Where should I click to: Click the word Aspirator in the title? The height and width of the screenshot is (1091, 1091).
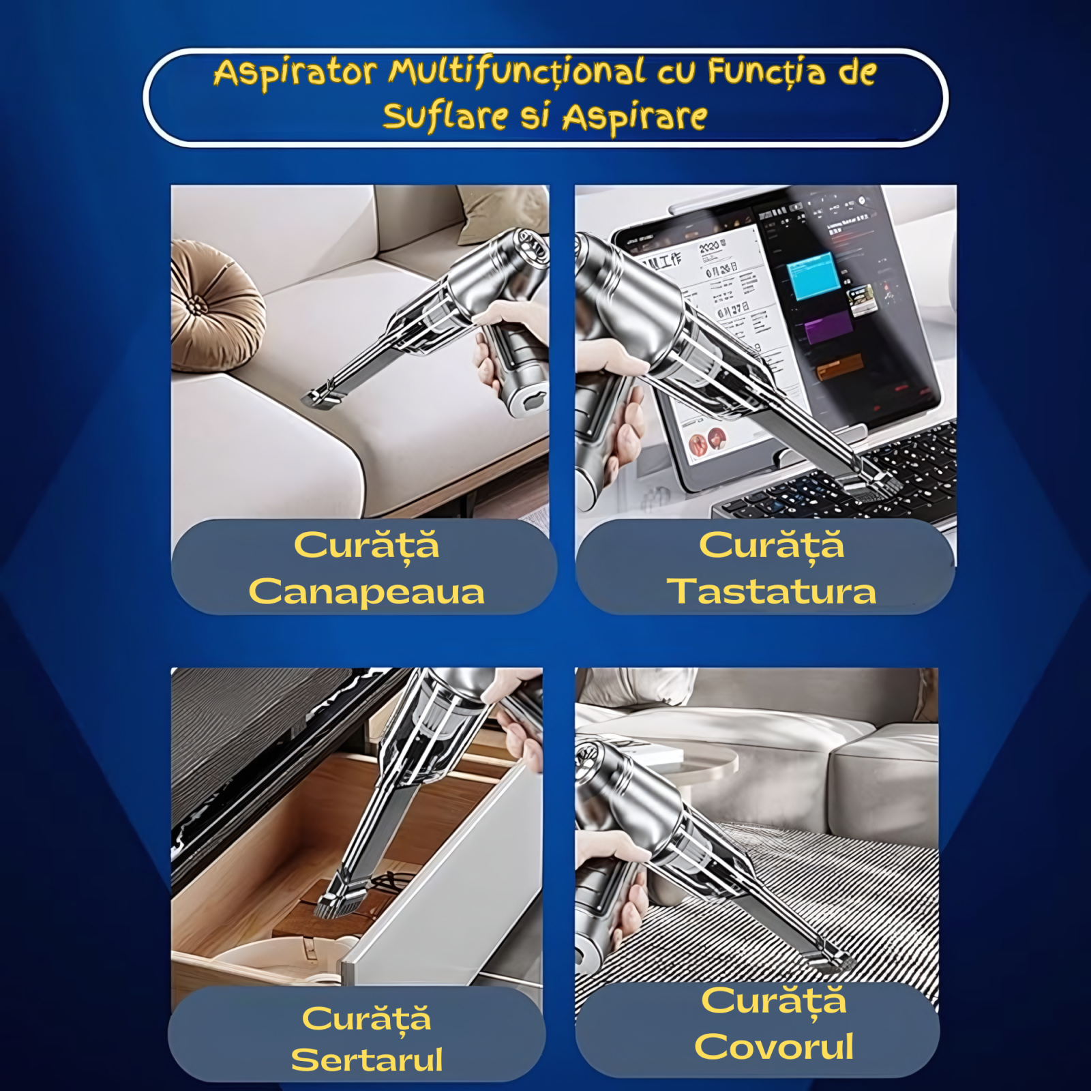tap(295, 73)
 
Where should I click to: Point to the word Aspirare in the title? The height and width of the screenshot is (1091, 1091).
tap(635, 117)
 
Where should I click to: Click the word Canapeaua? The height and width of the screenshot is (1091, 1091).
tap(367, 591)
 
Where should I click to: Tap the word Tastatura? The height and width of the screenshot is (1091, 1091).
tap(771, 591)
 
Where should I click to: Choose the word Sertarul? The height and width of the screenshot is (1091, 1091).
tap(367, 1060)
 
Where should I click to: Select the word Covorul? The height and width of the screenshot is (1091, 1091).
tap(774, 1046)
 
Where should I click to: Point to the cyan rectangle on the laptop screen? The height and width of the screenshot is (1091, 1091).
tap(812, 275)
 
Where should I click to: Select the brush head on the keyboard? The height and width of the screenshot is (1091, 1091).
tap(867, 485)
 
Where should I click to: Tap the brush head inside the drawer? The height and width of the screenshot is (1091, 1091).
tap(339, 901)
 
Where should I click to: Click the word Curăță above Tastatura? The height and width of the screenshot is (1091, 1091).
tap(771, 546)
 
